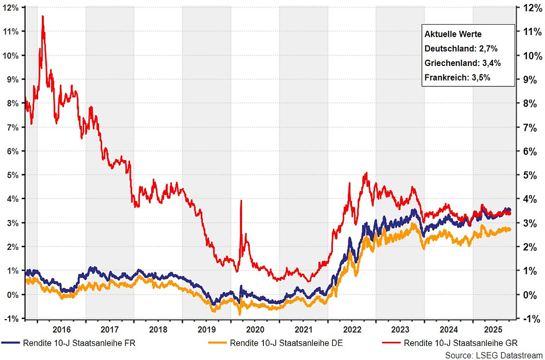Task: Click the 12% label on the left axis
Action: pos(11,8)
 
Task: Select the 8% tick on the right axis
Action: pos(530,103)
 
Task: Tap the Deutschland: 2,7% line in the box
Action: pos(456,49)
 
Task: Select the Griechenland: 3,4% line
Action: pos(458,63)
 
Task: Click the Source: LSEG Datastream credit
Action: pos(494,354)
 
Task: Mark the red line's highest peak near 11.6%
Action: pos(43,16)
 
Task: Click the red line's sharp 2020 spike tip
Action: pos(241,200)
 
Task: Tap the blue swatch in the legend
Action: pos(10,342)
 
